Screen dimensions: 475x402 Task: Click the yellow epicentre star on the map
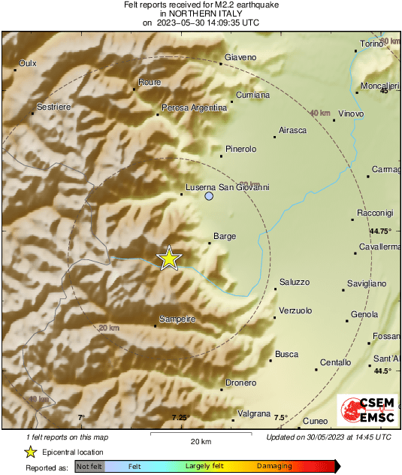click(169, 258)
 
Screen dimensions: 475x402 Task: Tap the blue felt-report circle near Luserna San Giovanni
click(210, 196)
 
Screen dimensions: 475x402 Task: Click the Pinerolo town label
click(241, 149)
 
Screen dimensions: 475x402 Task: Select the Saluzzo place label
click(294, 282)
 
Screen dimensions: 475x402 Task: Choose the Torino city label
click(372, 44)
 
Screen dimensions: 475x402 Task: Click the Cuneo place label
click(316, 420)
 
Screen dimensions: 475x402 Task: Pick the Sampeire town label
click(177, 319)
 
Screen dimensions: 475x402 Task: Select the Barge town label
click(225, 236)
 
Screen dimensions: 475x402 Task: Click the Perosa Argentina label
click(194, 108)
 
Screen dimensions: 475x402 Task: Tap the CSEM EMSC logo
click(367, 411)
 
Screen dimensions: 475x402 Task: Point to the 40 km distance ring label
click(320, 113)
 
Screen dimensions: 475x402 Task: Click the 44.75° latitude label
click(381, 231)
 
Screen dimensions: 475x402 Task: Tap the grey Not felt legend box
click(89, 466)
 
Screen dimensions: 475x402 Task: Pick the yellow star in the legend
click(30, 452)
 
